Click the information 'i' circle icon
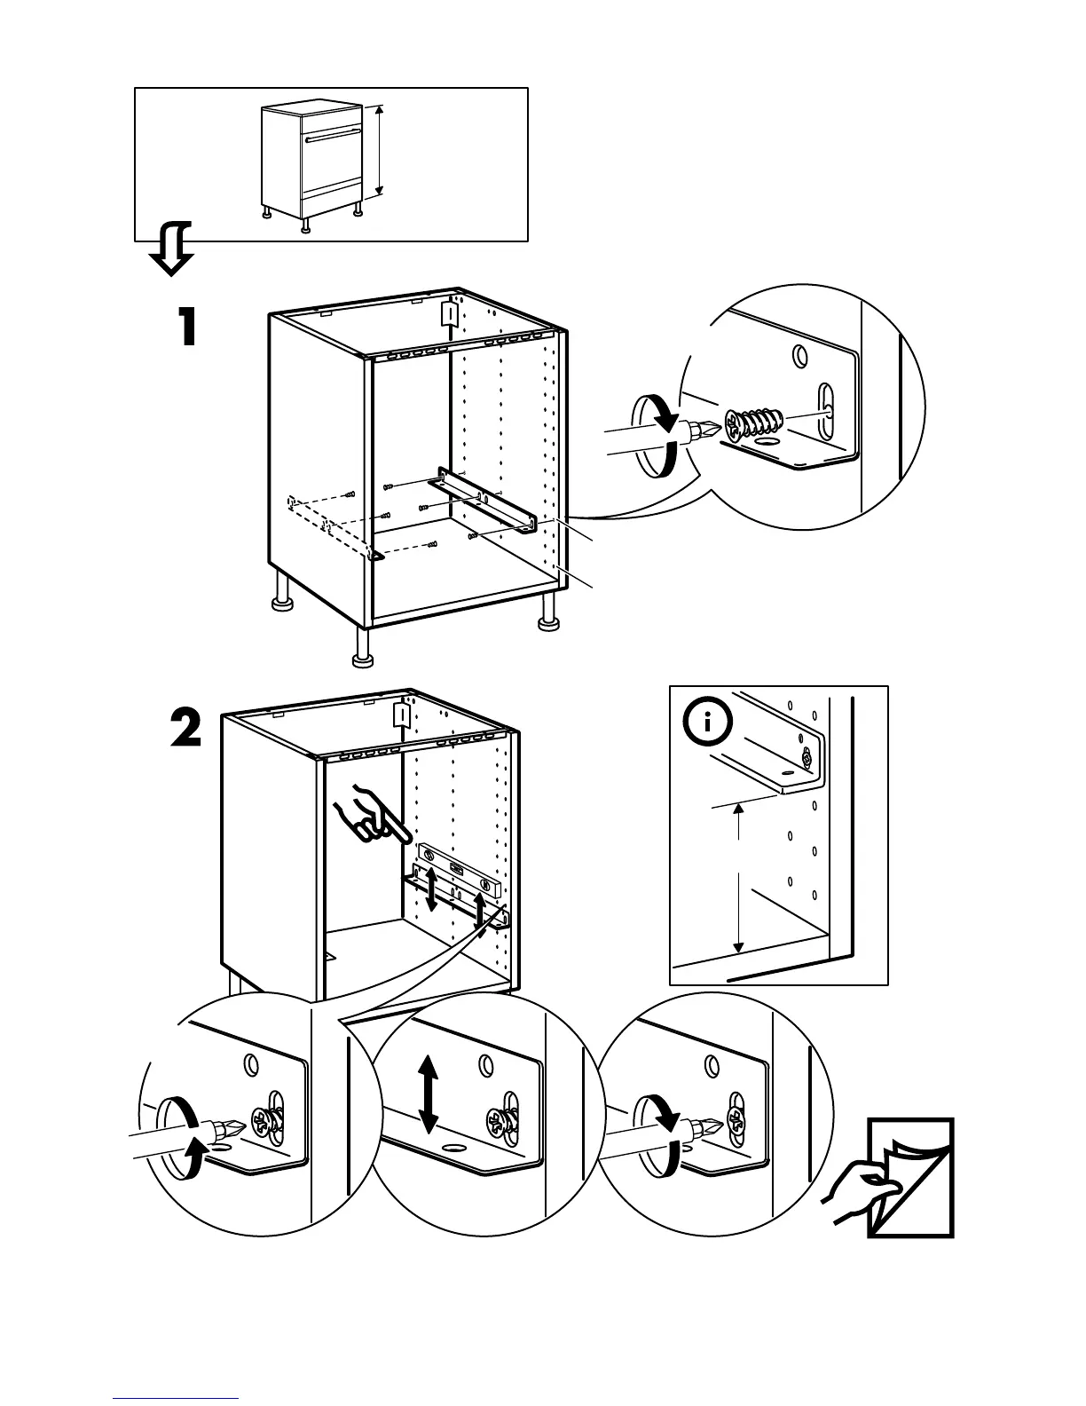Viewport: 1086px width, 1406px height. coord(707,723)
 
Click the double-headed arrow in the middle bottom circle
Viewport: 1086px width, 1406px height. coord(429,1094)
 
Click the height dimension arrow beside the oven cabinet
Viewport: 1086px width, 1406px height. coord(380,151)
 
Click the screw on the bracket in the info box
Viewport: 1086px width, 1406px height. coord(806,759)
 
